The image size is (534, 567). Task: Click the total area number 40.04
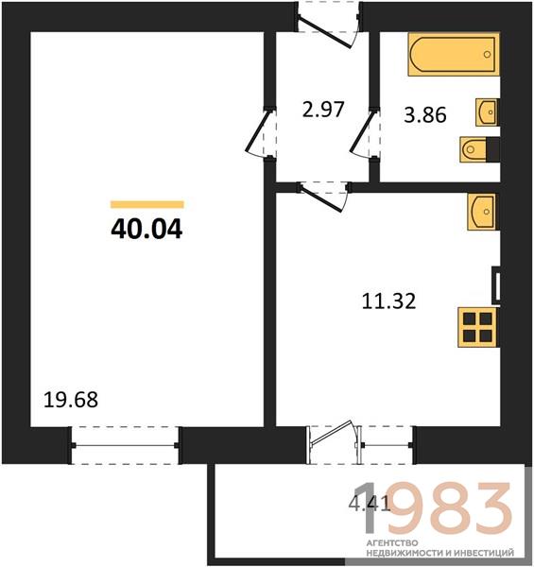pos(146,230)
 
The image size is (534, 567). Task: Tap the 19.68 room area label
pos(71,400)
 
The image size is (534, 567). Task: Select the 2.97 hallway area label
pos(323,110)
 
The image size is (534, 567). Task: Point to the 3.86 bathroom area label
pos(425,115)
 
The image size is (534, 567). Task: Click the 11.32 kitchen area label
pos(389,301)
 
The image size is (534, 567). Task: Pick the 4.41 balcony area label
pos(370,504)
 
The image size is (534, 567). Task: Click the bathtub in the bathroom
pos(454,55)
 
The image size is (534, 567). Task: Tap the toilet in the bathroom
pos(480,149)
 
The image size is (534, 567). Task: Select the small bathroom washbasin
pos(487,112)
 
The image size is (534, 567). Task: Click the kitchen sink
pos(483,212)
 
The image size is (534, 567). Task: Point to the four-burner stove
pos(477,328)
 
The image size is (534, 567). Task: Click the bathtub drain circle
pos(487,55)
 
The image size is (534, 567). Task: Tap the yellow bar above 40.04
pos(147,205)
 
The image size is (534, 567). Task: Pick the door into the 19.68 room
pos(259,132)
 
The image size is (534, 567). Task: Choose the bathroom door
pos(365,132)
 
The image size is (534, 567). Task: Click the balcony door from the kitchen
pos(333,442)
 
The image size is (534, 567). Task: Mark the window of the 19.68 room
pos(125,445)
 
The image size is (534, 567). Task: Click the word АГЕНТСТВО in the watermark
pos(387,543)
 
